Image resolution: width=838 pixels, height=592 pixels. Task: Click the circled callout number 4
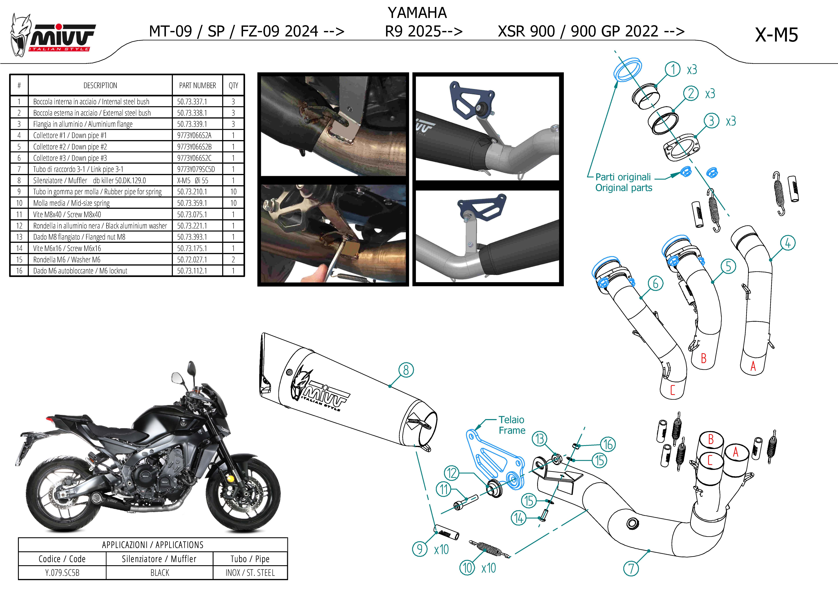click(x=788, y=243)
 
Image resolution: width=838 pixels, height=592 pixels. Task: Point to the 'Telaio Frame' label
click(x=512, y=425)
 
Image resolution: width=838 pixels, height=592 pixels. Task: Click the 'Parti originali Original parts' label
click(x=623, y=182)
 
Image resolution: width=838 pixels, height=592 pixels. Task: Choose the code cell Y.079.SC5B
click(x=62, y=573)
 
